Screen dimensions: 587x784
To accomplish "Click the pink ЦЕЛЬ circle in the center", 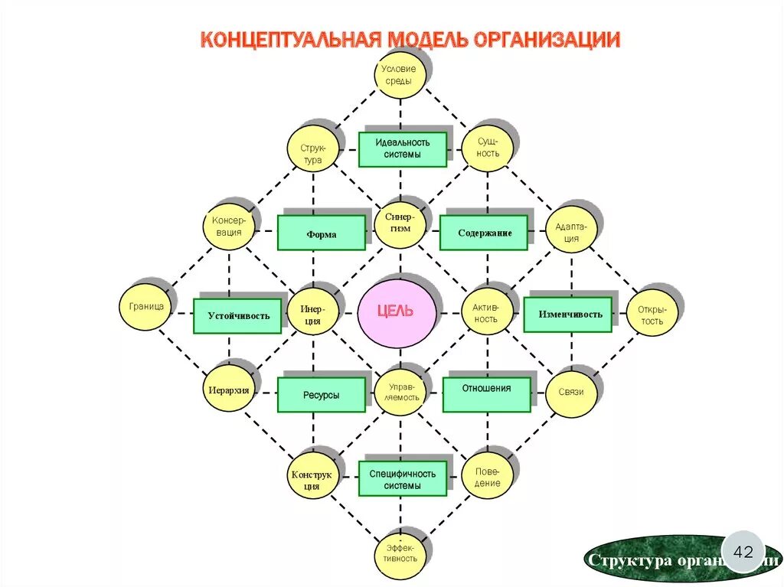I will [x=397, y=312].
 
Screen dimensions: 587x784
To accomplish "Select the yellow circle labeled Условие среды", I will [x=399, y=75].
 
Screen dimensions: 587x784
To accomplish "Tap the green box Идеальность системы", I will [x=402, y=148].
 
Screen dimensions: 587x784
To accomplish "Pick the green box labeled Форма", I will [x=322, y=233].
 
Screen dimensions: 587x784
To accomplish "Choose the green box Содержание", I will [x=484, y=233].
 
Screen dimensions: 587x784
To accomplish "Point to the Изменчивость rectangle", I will [x=568, y=314].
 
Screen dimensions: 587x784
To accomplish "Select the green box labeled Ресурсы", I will [x=321, y=396].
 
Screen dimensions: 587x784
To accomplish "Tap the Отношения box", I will [x=486, y=394].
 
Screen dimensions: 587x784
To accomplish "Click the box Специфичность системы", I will [x=402, y=478].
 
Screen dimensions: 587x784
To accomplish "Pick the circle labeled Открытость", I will [x=652, y=314].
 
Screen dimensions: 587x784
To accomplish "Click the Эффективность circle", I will [x=400, y=551].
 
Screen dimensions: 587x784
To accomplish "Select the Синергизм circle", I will [x=399, y=223].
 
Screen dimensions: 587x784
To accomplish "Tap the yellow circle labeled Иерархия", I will [x=229, y=390].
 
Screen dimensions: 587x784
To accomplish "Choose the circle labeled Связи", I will [x=571, y=393].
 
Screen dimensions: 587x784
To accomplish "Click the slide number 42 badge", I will [x=743, y=551].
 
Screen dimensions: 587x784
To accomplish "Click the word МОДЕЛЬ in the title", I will [x=426, y=39].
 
